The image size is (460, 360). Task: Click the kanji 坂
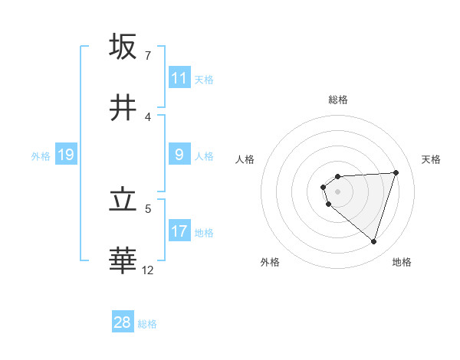[x=123, y=46]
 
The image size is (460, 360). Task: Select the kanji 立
[x=123, y=200]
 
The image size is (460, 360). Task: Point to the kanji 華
[x=123, y=261]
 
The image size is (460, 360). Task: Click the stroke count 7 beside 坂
[x=148, y=56]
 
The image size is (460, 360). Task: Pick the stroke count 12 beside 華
[x=148, y=270]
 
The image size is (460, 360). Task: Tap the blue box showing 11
[x=179, y=78]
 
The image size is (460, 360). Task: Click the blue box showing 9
[x=179, y=155]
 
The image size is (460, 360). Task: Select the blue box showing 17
[x=179, y=231]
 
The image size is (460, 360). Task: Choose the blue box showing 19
[x=66, y=155]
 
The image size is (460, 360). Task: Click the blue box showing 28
[x=123, y=322]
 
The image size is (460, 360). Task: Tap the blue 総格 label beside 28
[x=147, y=324]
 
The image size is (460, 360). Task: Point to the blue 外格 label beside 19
[x=41, y=155]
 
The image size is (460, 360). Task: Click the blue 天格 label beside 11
[x=204, y=79]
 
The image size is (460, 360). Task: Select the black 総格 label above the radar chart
[x=337, y=100]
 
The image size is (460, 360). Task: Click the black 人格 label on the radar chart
[x=245, y=159]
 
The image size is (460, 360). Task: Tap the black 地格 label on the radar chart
[x=402, y=262]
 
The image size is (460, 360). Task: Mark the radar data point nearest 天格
[x=396, y=172]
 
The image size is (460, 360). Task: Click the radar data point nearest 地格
[x=373, y=242]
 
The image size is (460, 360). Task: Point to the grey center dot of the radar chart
[x=337, y=191]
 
